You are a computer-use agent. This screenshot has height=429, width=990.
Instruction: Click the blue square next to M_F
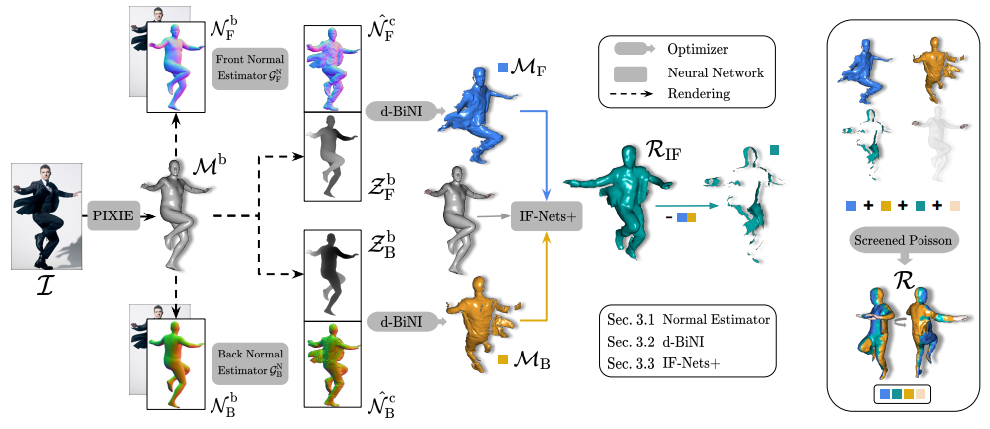504,68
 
